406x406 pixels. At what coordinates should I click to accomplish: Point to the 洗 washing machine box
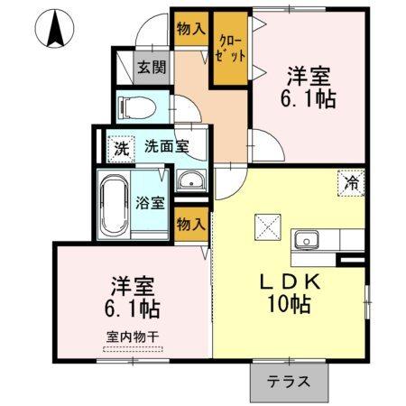point(120,145)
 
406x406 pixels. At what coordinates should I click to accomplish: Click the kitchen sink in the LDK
point(306,241)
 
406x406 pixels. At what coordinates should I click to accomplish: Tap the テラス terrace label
point(288,381)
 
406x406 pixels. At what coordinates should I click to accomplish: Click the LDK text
point(289,280)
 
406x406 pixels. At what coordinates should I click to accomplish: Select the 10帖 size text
point(289,304)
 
